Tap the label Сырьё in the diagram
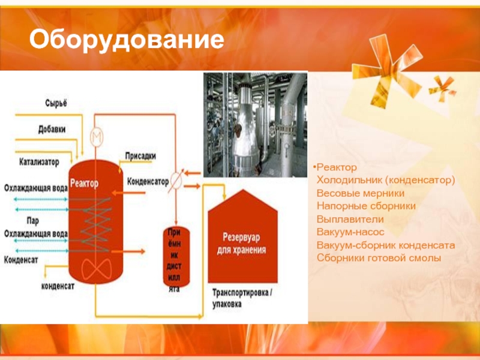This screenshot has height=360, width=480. coord(55,103)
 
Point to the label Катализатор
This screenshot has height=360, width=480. coord(39,162)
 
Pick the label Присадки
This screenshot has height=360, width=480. coord(140,156)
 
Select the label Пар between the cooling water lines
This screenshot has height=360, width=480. coord(33,220)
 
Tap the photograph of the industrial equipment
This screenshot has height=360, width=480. coord(254,125)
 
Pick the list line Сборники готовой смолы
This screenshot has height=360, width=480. coord(379,258)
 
